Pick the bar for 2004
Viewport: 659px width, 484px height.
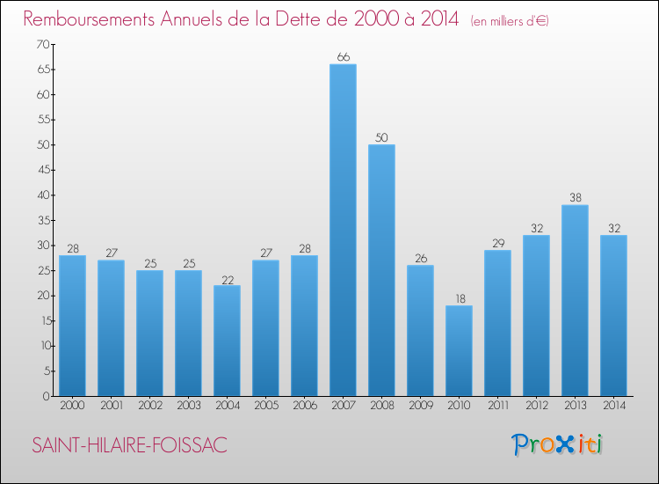coord(227,341)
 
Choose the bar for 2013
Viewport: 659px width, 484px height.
coord(575,300)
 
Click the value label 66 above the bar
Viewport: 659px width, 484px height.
coord(343,57)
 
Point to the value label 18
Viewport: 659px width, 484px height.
coord(459,298)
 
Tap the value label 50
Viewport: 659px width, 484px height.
coord(381,137)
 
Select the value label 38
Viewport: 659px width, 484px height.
coord(575,198)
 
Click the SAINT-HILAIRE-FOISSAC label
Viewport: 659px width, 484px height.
coord(129,445)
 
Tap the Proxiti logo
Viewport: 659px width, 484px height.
coord(558,444)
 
